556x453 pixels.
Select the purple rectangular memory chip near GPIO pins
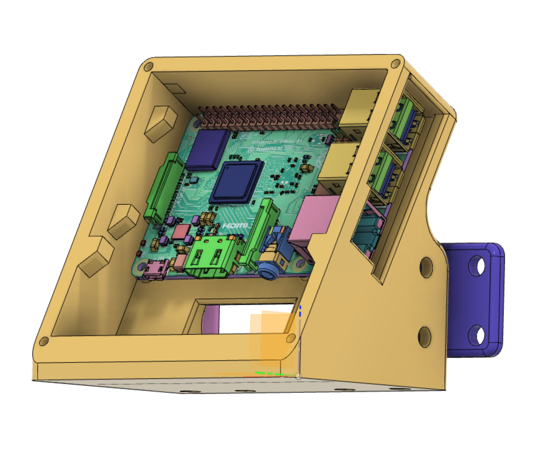(208, 149)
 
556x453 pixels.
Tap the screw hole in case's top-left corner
(148, 66)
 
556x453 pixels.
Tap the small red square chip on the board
(180, 232)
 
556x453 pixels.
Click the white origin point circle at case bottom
(298, 376)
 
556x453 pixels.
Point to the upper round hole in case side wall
(426, 267)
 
